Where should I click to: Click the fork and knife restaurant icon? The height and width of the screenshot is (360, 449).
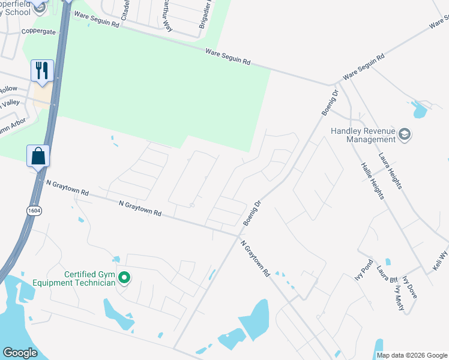(42, 70)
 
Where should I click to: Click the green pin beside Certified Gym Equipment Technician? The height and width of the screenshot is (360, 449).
(124, 278)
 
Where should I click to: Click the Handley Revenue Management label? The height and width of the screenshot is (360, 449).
(363, 135)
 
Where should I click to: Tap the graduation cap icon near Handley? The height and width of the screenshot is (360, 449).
(405, 135)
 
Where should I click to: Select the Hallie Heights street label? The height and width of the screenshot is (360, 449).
(372, 185)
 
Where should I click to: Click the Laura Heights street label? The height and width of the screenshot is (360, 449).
(390, 171)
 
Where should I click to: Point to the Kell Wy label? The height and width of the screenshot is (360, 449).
(441, 260)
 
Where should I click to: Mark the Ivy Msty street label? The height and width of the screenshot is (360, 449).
(399, 297)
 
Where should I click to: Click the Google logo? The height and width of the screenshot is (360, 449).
(20, 352)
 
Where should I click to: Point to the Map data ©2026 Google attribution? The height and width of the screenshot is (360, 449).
(412, 355)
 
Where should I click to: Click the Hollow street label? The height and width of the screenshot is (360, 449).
(8, 89)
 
